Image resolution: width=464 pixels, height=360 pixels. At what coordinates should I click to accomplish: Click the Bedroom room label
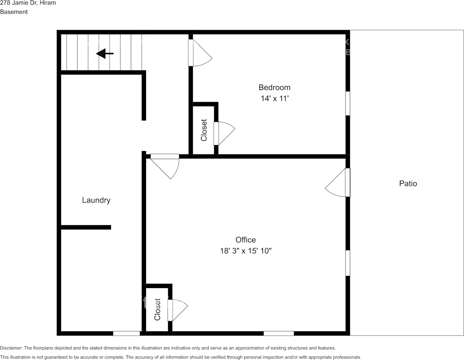coord(274,88)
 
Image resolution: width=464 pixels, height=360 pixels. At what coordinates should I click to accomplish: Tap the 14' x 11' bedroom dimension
coord(274,99)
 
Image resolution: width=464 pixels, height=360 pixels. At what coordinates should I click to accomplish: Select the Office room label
coord(246,240)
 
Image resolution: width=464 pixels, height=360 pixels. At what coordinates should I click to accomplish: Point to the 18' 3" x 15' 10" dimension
coord(246,251)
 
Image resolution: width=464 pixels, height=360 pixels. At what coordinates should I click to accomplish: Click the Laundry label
coord(96,200)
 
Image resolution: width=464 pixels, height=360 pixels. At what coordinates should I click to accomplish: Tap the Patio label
coord(408,184)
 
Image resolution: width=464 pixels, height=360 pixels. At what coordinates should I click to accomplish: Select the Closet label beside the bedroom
coord(204,131)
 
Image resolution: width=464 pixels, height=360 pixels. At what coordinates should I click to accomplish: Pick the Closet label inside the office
coord(157,309)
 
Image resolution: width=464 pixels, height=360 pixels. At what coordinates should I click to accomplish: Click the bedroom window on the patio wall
coord(348,103)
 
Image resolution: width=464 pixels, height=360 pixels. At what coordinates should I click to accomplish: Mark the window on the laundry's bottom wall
coord(126,333)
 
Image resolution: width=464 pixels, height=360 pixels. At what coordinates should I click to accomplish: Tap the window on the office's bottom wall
coord(278,333)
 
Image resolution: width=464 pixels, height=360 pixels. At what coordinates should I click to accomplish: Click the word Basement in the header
coord(14,12)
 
